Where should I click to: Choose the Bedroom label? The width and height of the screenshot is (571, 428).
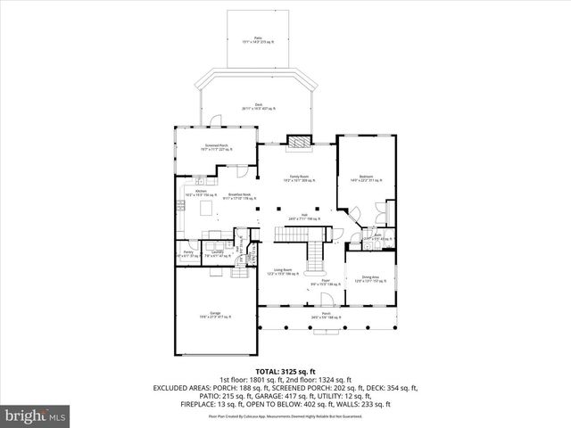[366, 178]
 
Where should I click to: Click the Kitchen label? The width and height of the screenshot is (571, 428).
[201, 193]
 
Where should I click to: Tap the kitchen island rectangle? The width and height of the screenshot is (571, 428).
[207, 208]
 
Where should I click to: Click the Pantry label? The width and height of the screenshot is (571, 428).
[188, 254]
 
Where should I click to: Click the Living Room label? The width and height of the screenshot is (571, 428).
[283, 271]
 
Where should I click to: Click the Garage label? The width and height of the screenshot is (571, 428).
[215, 314]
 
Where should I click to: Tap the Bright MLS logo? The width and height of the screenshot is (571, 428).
[36, 416]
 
